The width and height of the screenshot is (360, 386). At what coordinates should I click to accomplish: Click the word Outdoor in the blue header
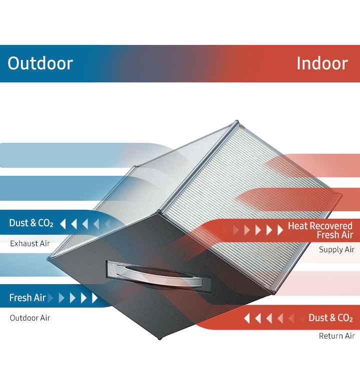click(x=40, y=63)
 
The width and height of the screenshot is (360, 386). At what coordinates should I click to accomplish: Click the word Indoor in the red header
click(x=321, y=63)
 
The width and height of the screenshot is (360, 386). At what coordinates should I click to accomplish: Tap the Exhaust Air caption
click(x=30, y=244)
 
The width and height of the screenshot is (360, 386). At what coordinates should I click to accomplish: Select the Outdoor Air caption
click(x=30, y=318)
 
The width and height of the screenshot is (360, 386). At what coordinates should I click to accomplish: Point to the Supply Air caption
click(x=336, y=250)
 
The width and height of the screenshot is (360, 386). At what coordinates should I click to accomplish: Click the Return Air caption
click(x=336, y=336)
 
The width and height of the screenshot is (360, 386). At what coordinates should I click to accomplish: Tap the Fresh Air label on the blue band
click(x=27, y=298)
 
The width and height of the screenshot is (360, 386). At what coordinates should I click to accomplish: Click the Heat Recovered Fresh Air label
click(x=320, y=230)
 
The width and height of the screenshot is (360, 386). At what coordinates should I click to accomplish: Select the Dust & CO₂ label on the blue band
click(x=31, y=223)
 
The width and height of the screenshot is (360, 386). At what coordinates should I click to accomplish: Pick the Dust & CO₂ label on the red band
click(x=330, y=318)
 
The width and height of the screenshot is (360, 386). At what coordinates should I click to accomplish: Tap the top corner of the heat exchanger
click(x=237, y=122)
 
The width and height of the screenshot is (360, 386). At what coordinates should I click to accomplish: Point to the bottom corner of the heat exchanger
click(x=160, y=338)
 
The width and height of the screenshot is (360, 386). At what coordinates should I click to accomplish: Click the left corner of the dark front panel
click(x=49, y=259)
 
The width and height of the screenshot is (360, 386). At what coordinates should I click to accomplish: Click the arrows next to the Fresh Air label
click(x=75, y=298)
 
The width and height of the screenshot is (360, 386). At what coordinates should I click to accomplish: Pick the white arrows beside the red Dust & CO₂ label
click(x=272, y=318)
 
